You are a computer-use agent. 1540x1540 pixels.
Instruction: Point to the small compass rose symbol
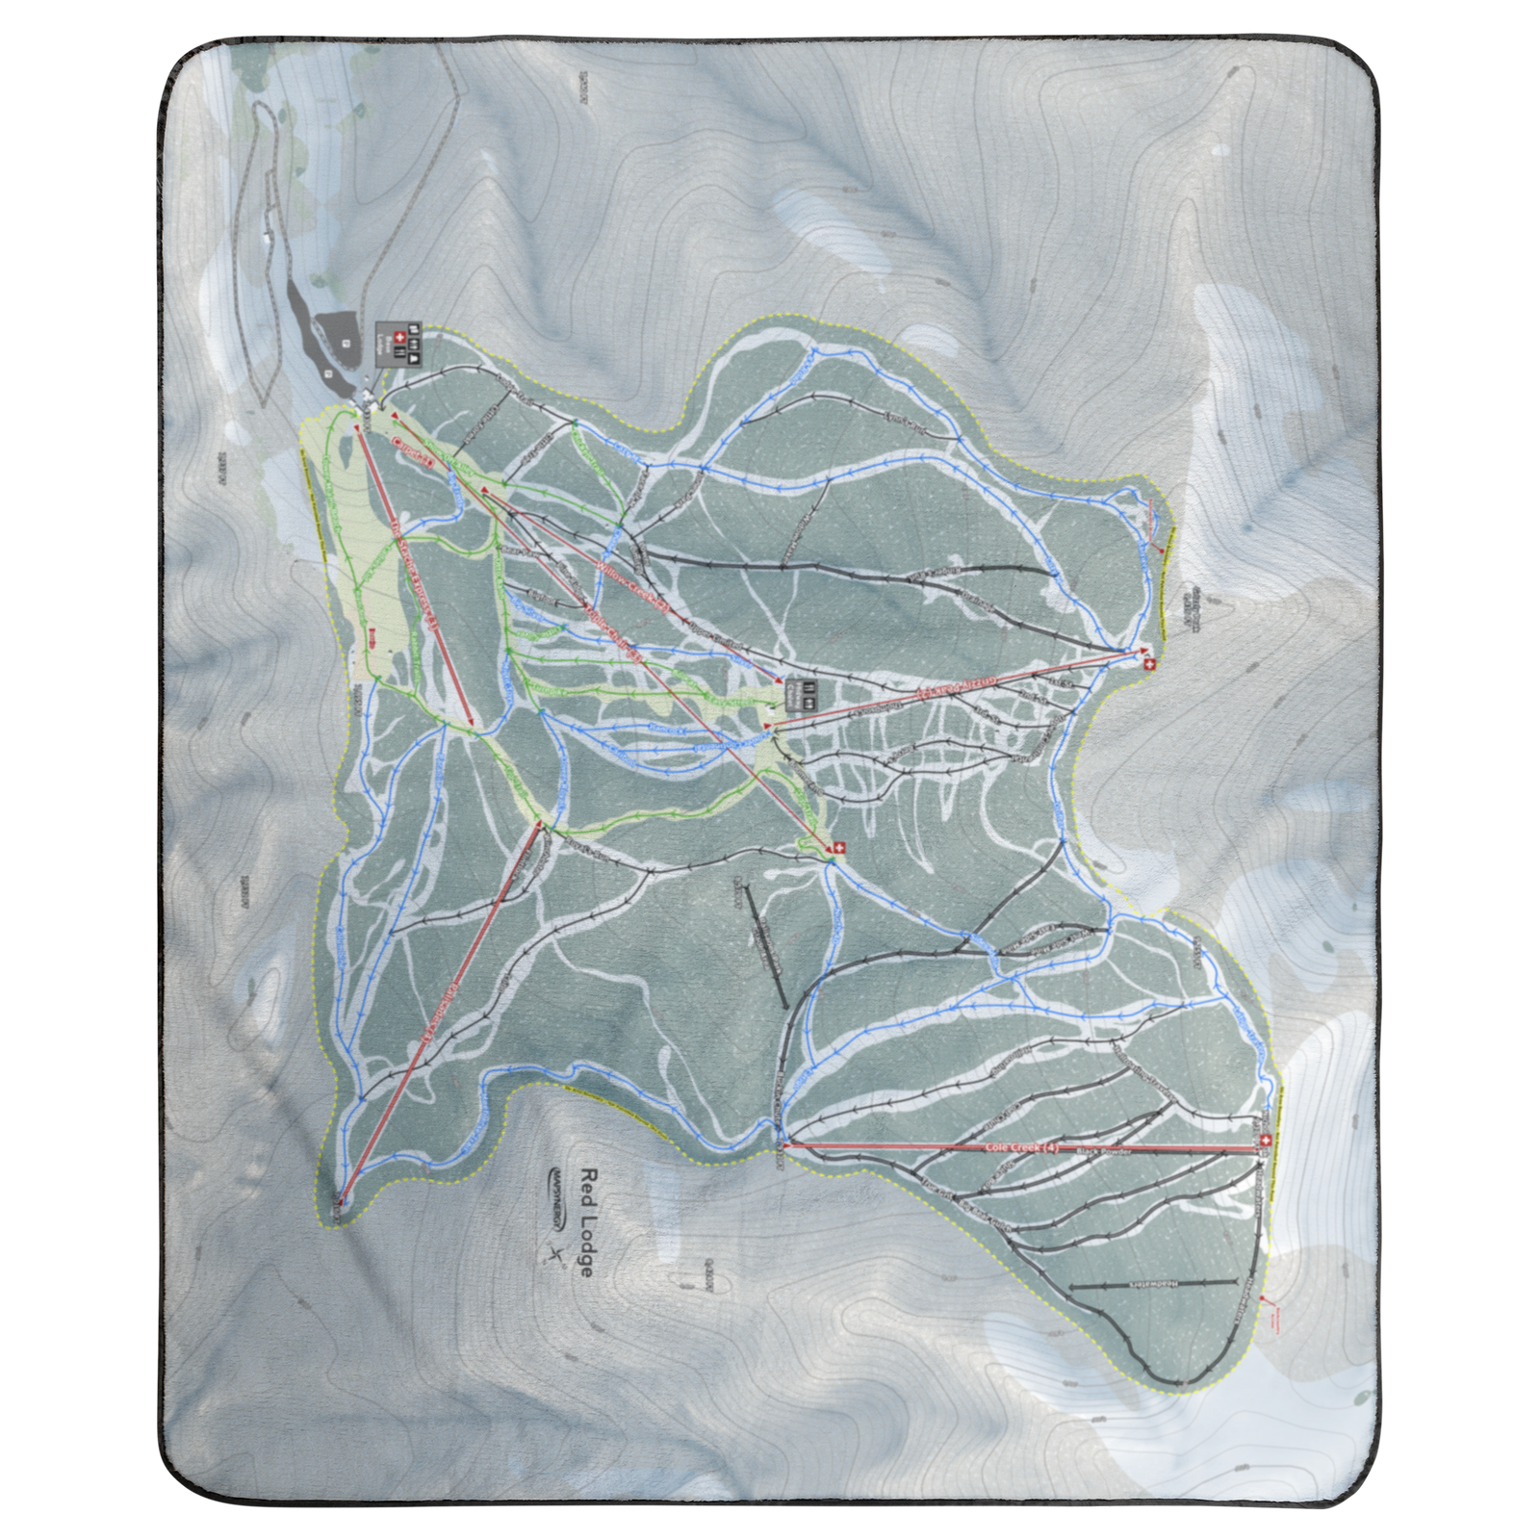(x=556, y=1253)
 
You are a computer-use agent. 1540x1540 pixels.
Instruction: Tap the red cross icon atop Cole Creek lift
(x=1265, y=1141)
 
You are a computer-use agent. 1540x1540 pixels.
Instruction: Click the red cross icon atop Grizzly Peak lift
(x=1147, y=665)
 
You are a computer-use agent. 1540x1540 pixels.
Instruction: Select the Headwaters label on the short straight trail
(x=1153, y=1284)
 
